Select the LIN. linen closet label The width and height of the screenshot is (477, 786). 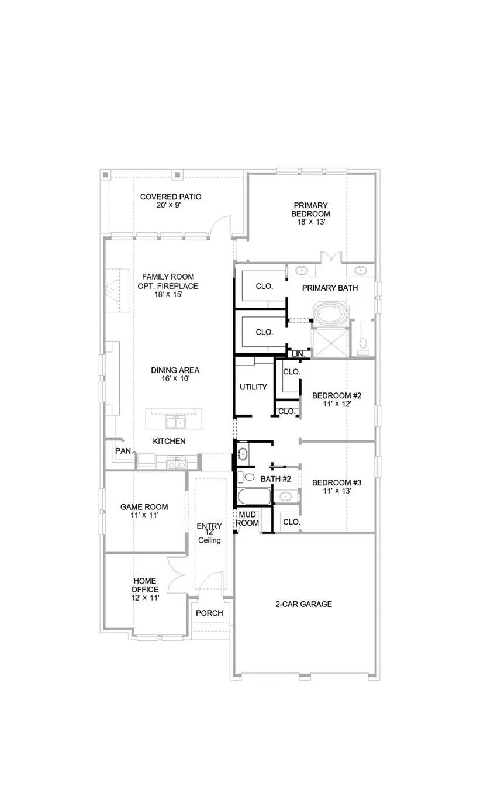tap(298, 354)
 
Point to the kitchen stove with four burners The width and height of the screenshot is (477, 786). tap(176, 462)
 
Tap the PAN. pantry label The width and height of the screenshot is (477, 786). tap(123, 451)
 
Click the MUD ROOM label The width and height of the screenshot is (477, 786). tap(247, 519)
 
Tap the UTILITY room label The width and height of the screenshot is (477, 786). tap(253, 387)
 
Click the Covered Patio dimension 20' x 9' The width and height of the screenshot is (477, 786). tap(171, 205)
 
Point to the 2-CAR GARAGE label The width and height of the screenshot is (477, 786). tap(303, 604)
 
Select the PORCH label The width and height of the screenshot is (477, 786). tap(209, 613)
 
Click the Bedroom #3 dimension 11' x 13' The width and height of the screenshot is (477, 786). tap(337, 491)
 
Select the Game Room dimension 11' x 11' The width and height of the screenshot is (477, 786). tap(144, 516)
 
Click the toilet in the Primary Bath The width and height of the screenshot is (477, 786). tap(363, 344)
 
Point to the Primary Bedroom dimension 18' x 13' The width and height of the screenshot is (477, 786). tap(311, 222)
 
